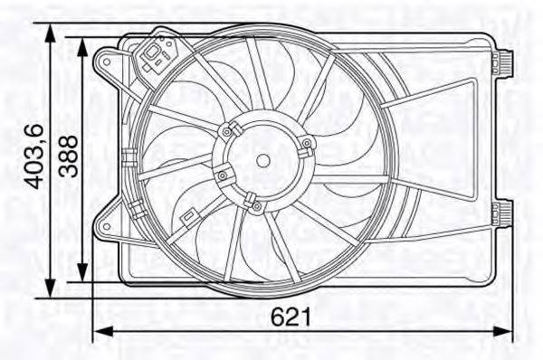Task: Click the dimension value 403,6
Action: pyautogui.click(x=33, y=156)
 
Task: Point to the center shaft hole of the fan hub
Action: pyautogui.click(x=262, y=160)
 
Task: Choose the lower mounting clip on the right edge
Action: pyautogui.click(x=503, y=213)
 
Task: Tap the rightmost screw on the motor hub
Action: pyautogui.click(x=307, y=144)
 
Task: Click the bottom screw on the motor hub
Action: pyautogui.click(x=256, y=207)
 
